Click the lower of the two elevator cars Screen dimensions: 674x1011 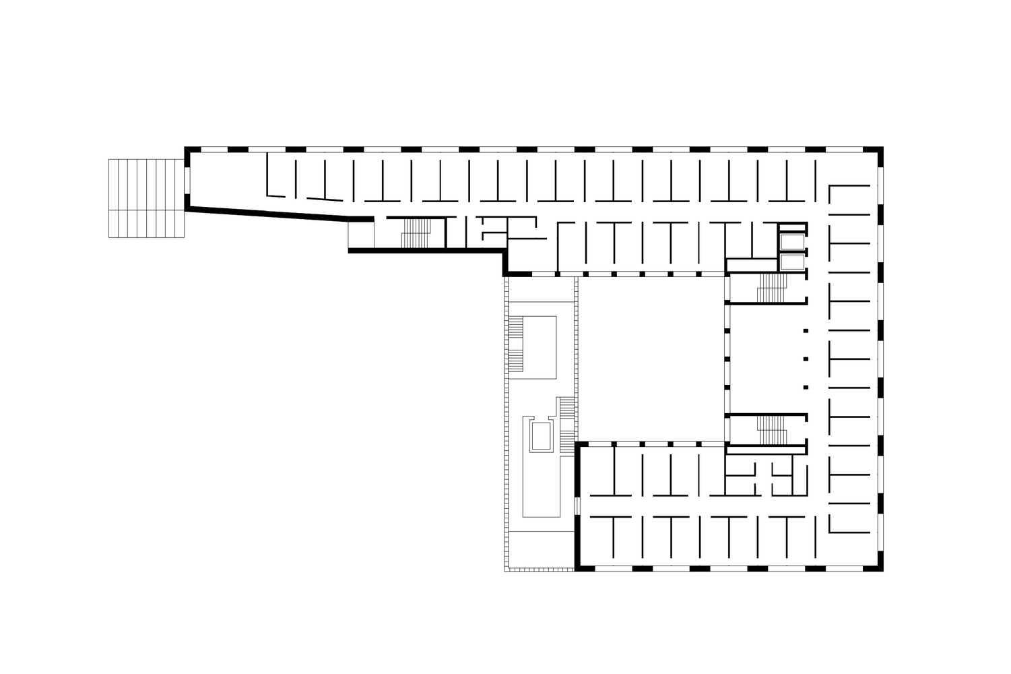[x=791, y=262]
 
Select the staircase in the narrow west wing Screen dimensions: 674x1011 [x=416, y=233]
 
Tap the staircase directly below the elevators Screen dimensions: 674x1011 [x=771, y=288]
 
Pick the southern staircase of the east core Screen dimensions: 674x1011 [x=772, y=430]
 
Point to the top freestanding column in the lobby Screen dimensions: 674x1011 [x=806, y=330]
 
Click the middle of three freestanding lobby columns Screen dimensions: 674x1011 [x=806, y=359]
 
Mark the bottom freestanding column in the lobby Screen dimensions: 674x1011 [x=806, y=387]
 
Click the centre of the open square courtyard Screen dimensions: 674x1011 [x=652, y=359]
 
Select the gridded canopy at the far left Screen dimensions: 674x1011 [x=146, y=198]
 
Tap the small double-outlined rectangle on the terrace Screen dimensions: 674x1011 [x=540, y=436]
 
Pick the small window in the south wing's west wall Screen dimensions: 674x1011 [x=577, y=506]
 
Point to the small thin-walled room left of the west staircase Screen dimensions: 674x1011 [x=360, y=233]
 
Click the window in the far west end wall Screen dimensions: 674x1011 [x=187, y=178]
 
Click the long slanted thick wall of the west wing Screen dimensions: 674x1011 [x=269, y=213]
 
